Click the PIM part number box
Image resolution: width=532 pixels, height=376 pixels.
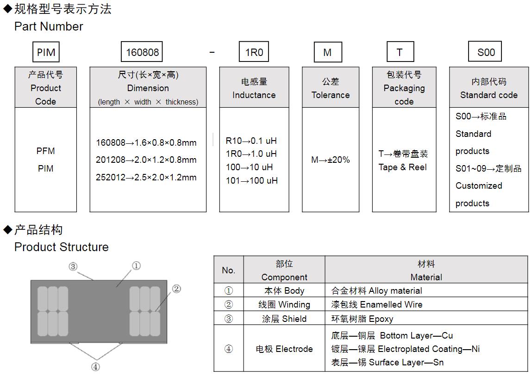(46, 52)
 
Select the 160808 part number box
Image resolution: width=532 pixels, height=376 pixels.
(142, 52)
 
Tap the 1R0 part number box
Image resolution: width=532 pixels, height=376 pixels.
(254, 52)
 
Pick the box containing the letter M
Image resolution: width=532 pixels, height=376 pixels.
(327, 52)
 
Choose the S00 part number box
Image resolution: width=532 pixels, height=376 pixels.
(486, 52)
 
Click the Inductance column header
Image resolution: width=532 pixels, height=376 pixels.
(254, 88)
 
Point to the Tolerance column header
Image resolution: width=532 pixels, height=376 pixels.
(330, 88)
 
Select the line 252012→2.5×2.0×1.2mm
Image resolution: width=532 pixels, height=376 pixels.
(146, 178)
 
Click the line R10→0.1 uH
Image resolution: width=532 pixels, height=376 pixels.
(251, 141)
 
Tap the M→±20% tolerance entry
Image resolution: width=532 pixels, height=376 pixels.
(330, 160)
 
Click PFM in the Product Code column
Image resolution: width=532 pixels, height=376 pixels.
(45, 151)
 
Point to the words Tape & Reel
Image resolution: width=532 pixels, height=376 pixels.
(402, 167)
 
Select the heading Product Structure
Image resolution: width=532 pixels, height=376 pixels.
(62, 247)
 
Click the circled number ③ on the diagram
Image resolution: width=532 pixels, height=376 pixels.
(73, 266)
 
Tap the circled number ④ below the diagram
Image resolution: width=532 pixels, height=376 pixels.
(95, 367)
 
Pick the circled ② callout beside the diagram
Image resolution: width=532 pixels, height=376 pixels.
(176, 289)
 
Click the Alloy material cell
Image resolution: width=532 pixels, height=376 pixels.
(376, 291)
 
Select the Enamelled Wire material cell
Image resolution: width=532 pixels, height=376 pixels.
(377, 304)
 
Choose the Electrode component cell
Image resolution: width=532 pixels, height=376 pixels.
(284, 349)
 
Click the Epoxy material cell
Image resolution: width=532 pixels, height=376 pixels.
(362, 319)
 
